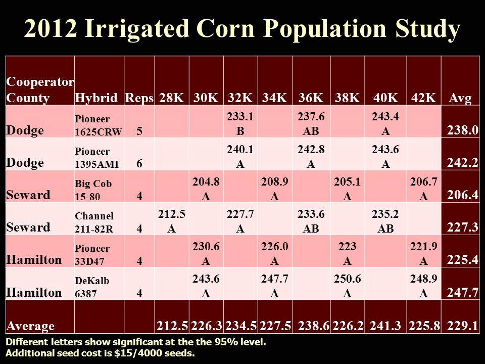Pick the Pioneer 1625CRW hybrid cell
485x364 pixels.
pos(99,125)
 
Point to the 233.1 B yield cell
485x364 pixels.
pos(240,122)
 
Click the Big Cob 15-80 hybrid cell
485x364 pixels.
pos(99,189)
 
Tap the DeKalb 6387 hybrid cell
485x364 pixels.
pos(99,286)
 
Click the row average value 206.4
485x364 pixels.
pos(461,195)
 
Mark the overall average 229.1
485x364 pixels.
pos(461,325)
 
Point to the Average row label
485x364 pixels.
pos(30,325)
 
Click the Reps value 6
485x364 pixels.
pos(139,163)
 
